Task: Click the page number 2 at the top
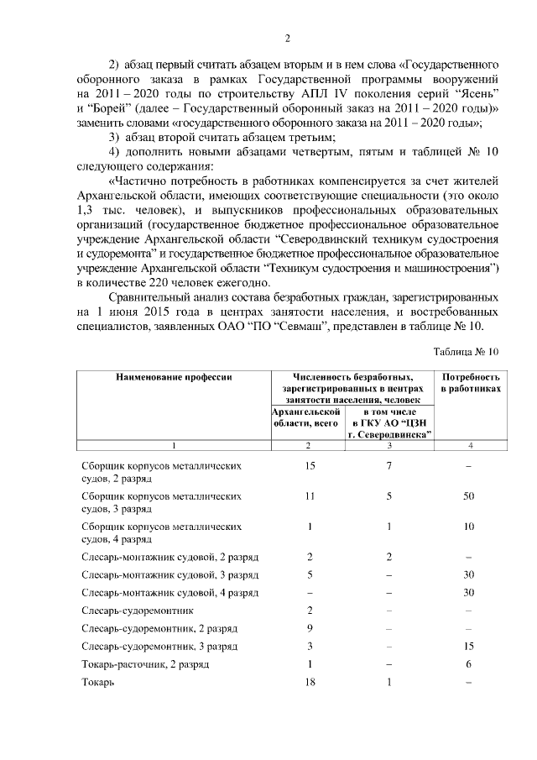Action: click(x=287, y=38)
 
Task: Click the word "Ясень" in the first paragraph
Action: click(x=479, y=93)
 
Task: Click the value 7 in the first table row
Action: click(x=388, y=465)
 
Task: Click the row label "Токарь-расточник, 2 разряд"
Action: click(x=146, y=664)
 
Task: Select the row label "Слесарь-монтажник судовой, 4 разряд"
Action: click(x=169, y=593)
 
